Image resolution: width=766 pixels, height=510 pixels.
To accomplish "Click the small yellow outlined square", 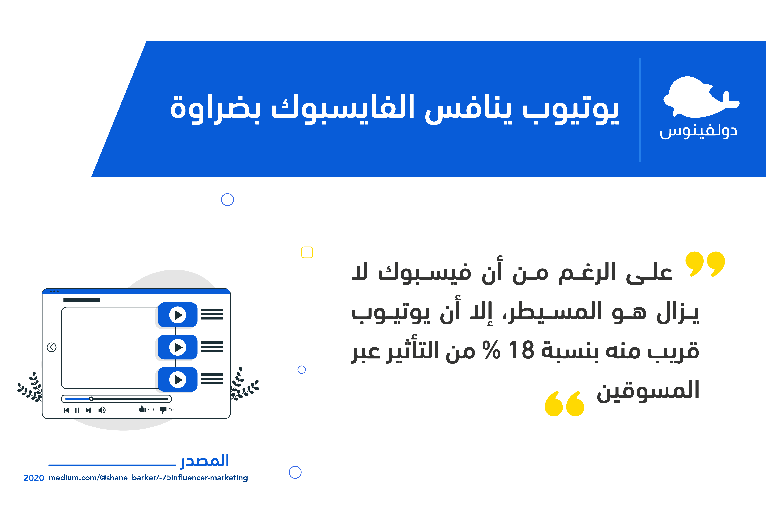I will pos(307,252).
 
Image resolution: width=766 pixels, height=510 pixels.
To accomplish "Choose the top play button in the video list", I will pos(178,315).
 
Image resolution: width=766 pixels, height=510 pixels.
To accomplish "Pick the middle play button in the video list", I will pos(178,347).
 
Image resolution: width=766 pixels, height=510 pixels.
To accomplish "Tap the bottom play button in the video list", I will pos(178,380).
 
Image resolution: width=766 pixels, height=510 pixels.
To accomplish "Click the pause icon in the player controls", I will pos(77,410).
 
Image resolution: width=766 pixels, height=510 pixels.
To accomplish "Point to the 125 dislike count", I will pos(172,410).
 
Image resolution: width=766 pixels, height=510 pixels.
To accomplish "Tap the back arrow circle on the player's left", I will pos(51,347).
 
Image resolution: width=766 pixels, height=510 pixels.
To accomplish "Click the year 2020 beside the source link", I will pos(34,478).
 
